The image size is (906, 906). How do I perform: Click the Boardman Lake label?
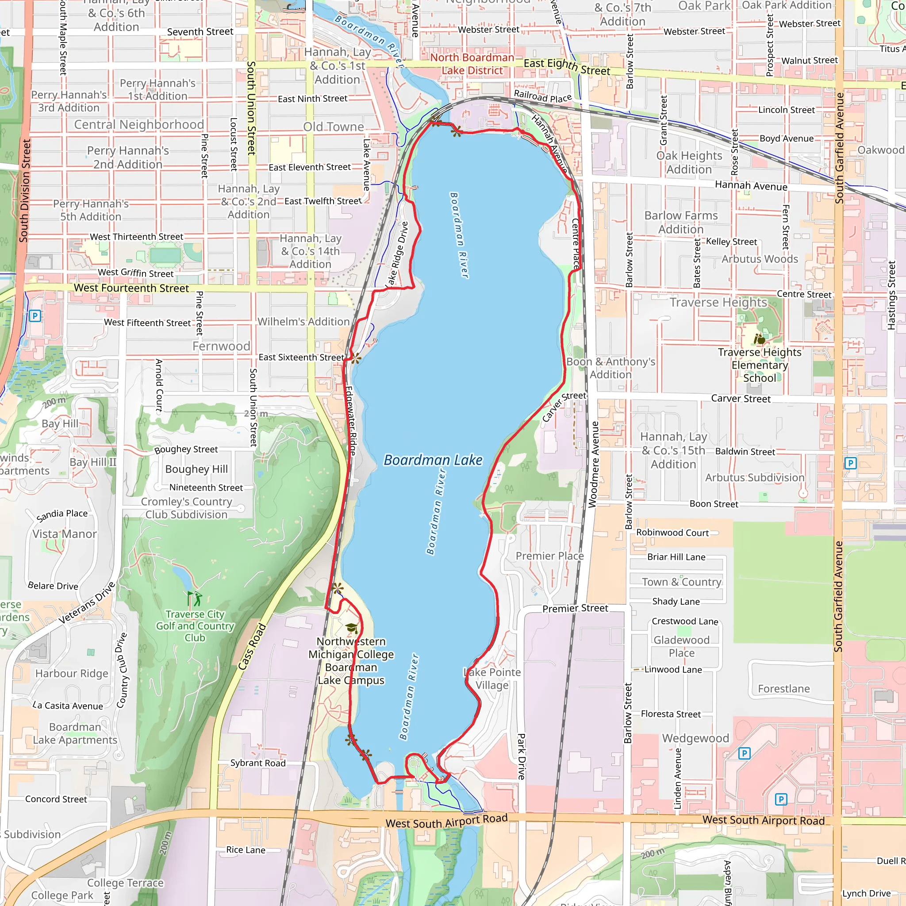point(432,460)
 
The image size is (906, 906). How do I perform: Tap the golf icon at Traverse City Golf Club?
point(195,599)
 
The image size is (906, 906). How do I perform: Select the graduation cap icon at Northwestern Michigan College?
point(351,628)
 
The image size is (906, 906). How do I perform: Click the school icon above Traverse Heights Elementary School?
point(759,338)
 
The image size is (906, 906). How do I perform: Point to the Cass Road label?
point(252,646)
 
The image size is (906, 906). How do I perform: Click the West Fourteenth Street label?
point(131,288)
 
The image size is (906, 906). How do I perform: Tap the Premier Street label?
point(575,608)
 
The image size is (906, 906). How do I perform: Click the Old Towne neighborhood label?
point(333,127)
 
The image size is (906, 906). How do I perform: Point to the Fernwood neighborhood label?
point(221,346)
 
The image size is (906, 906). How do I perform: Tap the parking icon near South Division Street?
point(35,315)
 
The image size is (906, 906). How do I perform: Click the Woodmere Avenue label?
point(594,464)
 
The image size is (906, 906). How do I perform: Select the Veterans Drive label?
point(87,603)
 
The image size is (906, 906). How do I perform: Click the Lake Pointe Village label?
point(492,679)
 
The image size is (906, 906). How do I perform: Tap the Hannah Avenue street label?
point(751,186)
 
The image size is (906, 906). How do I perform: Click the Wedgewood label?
point(695,738)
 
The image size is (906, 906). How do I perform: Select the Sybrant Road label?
point(257,763)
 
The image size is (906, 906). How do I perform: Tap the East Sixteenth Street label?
point(301,357)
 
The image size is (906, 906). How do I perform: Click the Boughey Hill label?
point(196,469)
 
